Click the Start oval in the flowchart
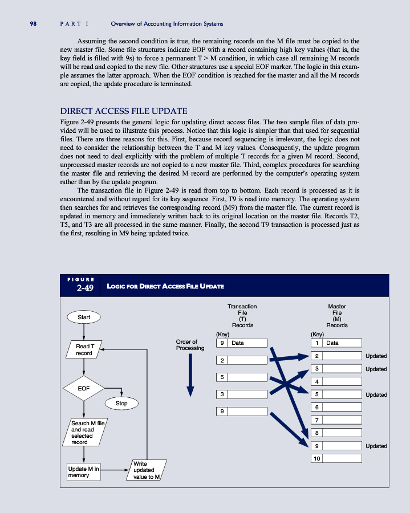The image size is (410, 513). (x=84, y=317)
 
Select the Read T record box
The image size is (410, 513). (x=84, y=349)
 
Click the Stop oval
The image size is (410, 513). (x=121, y=403)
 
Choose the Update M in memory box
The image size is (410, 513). (x=83, y=472)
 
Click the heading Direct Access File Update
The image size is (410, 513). (x=124, y=111)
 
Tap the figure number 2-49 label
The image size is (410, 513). (x=85, y=288)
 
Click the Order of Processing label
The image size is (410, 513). (x=190, y=345)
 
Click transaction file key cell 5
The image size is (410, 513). (x=221, y=377)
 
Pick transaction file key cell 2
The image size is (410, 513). (x=221, y=360)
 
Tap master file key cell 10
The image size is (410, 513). (x=316, y=458)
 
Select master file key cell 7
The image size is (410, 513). (x=316, y=420)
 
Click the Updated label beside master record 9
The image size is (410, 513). (x=376, y=446)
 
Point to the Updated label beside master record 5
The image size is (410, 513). (x=376, y=394)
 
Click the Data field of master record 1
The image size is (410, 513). (x=342, y=343)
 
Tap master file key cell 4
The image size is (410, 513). (x=316, y=381)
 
